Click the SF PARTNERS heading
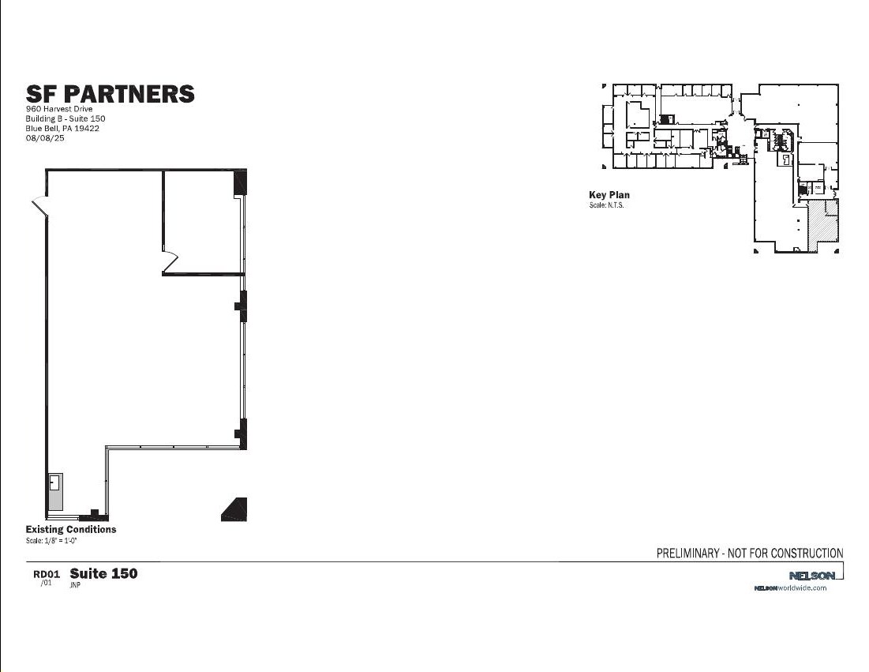coord(110,94)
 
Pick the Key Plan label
coord(609,195)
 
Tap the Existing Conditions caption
coord(71,529)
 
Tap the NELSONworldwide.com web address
coord(790,588)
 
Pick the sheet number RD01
coord(47,574)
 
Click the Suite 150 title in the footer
coord(103,573)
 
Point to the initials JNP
coord(76,586)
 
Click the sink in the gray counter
coord(55,482)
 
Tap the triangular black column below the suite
coord(236,509)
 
